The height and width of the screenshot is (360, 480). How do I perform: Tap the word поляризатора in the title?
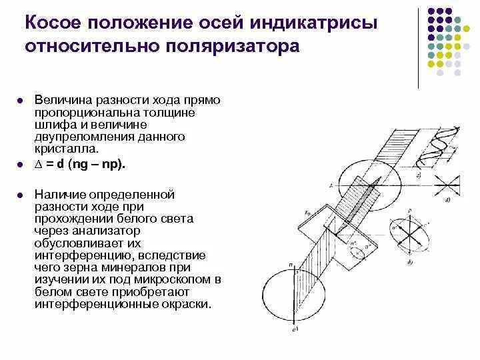(x=228, y=47)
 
